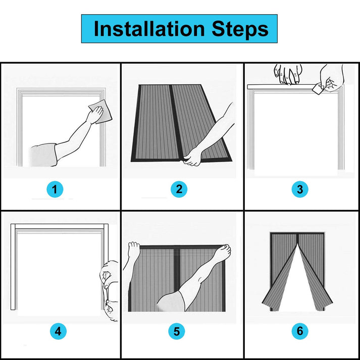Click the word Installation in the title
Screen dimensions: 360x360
[x=149, y=29]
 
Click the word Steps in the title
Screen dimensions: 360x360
[x=240, y=30]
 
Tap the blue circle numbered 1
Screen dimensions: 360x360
[x=55, y=189]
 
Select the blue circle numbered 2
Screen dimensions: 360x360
[x=179, y=189]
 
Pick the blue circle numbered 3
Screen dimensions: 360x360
[x=300, y=189]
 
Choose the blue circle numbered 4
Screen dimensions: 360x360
[x=58, y=331]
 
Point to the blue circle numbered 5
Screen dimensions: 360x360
[x=177, y=331]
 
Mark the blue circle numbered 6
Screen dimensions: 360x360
[x=300, y=331]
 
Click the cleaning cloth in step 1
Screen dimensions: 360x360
[x=101, y=112]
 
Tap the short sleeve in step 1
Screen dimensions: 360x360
[x=43, y=155]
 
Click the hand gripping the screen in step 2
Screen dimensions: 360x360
[x=192, y=157]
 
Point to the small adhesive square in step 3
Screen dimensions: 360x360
[x=317, y=89]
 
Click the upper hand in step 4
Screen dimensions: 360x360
[x=109, y=274]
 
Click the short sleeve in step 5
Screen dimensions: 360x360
[x=171, y=301]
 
